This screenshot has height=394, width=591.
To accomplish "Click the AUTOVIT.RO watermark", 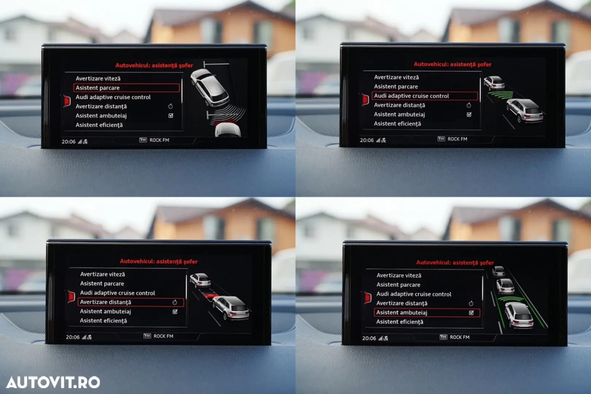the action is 53,382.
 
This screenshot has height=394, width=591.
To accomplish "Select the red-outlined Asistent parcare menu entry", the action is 126,88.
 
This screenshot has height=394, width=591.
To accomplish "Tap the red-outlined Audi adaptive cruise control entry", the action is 425,96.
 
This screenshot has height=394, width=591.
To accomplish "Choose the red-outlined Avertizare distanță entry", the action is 131,302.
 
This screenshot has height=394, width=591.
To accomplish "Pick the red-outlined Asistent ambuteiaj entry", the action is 427,313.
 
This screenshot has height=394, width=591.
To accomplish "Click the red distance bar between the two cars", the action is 211,295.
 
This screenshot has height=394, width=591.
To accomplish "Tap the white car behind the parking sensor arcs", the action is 228,130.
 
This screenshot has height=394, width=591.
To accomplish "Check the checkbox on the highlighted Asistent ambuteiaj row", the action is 471,313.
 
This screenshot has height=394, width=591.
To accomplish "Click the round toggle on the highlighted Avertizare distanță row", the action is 174,302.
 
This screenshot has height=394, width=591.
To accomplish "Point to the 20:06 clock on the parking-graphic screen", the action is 69,142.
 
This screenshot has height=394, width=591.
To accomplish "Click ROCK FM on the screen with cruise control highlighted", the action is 457,139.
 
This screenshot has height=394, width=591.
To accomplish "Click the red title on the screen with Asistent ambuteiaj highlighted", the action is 455,262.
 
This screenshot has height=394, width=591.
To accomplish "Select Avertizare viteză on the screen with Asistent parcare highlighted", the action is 98,78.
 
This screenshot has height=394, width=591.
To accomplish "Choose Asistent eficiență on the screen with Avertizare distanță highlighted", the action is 103,321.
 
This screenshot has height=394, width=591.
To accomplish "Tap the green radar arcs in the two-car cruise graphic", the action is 500,95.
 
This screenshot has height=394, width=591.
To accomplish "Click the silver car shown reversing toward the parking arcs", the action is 210,88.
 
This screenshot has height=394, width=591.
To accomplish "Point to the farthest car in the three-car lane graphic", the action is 498,271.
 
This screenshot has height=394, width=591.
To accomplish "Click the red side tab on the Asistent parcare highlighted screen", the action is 67,101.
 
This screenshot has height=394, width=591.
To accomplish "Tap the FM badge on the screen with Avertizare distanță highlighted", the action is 147,336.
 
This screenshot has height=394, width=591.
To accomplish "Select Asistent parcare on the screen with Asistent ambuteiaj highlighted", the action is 398,285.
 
